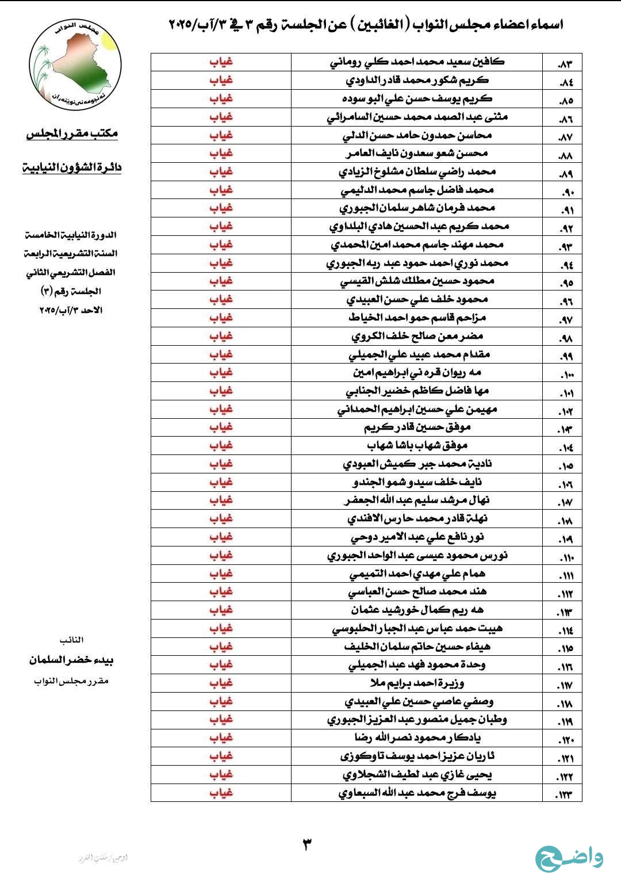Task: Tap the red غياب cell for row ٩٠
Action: [x=221, y=190]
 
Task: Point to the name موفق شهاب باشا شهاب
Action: [x=417, y=445]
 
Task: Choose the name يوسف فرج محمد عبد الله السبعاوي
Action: [x=417, y=793]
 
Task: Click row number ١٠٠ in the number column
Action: [x=565, y=374]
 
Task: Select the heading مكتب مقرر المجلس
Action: [x=72, y=133]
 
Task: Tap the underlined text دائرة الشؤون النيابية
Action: [x=72, y=168]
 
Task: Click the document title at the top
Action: [x=366, y=24]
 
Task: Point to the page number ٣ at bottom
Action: [x=307, y=844]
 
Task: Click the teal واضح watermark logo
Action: [x=569, y=858]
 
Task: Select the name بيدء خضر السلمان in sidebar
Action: [x=72, y=660]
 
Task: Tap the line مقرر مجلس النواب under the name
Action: [x=71, y=681]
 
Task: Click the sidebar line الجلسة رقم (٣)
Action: [x=71, y=291]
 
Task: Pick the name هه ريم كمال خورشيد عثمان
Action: [x=417, y=610]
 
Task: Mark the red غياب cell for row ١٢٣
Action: [x=221, y=793]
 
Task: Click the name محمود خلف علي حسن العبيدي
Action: [x=417, y=299]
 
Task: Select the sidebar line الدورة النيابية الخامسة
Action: [x=71, y=235]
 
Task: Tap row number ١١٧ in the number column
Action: [x=565, y=685]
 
